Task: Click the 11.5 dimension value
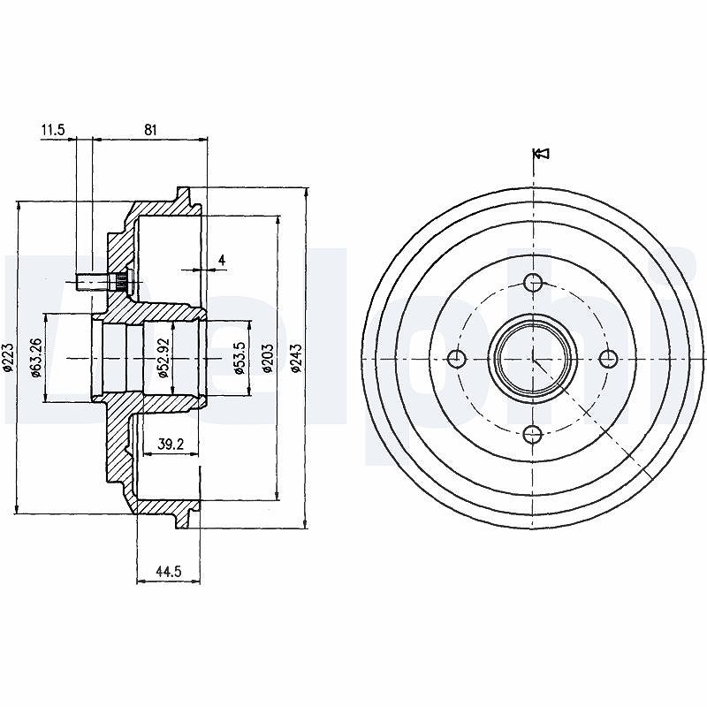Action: (x=53, y=130)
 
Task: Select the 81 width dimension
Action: (x=150, y=130)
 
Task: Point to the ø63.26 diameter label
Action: (x=36, y=357)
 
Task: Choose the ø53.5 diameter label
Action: (x=239, y=357)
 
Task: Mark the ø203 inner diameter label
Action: (x=268, y=358)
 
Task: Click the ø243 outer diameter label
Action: (x=296, y=358)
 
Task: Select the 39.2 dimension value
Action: (x=171, y=445)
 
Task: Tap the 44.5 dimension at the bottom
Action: (x=168, y=572)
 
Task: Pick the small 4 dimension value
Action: (x=222, y=260)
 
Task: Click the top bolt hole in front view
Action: (x=534, y=283)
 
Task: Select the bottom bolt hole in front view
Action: (x=533, y=435)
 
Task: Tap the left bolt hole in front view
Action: (x=457, y=359)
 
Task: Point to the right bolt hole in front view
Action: (x=609, y=359)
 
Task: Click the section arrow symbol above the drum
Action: (x=541, y=153)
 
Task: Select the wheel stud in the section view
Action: (x=103, y=282)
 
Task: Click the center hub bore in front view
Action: (x=533, y=359)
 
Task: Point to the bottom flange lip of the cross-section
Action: (x=183, y=519)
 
